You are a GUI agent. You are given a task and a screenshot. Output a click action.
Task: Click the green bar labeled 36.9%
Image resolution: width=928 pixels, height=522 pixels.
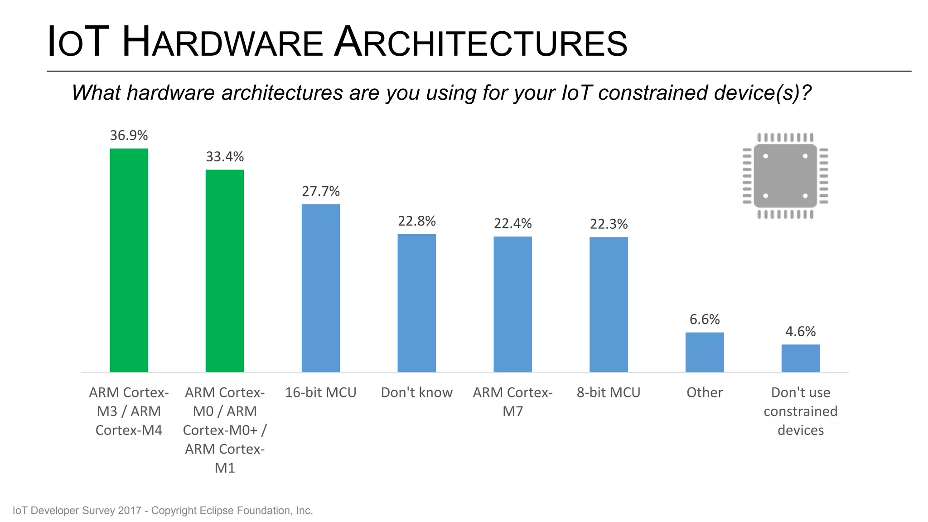[x=129, y=260]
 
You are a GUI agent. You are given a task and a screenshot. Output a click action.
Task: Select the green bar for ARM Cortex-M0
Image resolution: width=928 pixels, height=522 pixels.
[x=225, y=271]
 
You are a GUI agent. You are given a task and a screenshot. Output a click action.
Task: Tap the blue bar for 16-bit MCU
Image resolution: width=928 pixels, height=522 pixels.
[x=321, y=288]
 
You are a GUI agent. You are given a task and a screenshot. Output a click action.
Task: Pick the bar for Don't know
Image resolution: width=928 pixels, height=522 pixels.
[x=417, y=303]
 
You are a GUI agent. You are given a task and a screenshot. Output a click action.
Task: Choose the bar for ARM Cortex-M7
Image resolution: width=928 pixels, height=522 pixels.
[x=512, y=304]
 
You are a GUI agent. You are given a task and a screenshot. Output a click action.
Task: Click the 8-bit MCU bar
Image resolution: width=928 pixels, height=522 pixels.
[x=609, y=304]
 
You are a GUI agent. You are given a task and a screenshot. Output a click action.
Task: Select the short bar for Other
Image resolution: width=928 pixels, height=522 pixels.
[x=705, y=352]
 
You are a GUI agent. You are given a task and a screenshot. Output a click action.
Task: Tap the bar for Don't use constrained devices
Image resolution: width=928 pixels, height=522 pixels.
[x=800, y=358]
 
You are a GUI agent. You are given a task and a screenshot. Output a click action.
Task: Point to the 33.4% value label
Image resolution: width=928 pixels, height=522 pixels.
[x=225, y=157]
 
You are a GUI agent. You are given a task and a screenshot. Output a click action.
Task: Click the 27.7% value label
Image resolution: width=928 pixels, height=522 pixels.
[x=321, y=191]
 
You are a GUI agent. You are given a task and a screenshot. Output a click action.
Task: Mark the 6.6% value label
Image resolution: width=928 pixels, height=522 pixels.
[x=705, y=319]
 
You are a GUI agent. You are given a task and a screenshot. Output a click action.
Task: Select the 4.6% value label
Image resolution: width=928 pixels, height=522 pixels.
[x=800, y=332]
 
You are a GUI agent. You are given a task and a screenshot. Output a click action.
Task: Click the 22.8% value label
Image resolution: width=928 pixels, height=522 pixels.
[x=417, y=221]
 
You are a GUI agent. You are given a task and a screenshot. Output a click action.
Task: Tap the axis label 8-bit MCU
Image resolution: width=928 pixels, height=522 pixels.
[x=609, y=392]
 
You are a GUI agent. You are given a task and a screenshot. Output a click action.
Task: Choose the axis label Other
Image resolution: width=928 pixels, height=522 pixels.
[x=705, y=392]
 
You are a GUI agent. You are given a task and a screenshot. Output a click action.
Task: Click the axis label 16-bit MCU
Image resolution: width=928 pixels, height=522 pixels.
[x=321, y=392]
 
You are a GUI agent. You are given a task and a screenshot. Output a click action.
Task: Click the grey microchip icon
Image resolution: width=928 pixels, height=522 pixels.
[x=785, y=176]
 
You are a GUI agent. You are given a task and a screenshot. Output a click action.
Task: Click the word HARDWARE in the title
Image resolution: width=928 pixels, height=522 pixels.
[x=222, y=43]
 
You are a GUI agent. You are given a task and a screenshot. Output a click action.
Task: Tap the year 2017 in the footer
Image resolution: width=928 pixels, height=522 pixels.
[x=130, y=511]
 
